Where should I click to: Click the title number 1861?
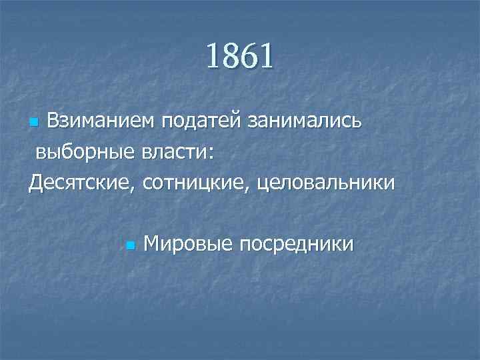pos(239,56)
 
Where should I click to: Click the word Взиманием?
pos(99,122)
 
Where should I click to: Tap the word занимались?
pos(305,122)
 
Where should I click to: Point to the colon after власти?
pos(211,154)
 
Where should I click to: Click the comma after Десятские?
pos(139,187)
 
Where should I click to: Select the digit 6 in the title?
pos(248,56)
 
